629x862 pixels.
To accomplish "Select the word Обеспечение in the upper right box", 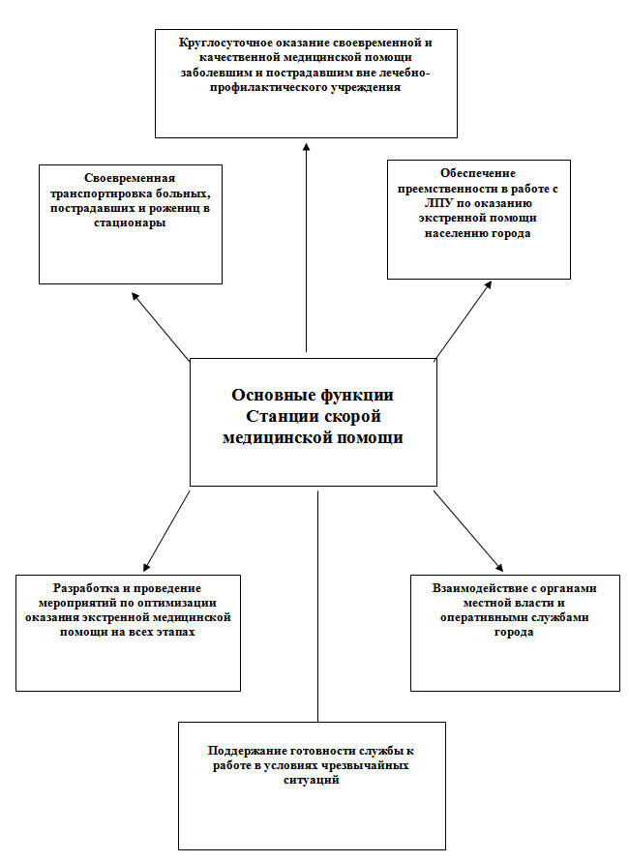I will (x=460, y=174).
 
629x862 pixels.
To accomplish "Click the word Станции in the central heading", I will (x=283, y=416).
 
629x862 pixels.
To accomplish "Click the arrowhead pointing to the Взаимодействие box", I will (x=498, y=567).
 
